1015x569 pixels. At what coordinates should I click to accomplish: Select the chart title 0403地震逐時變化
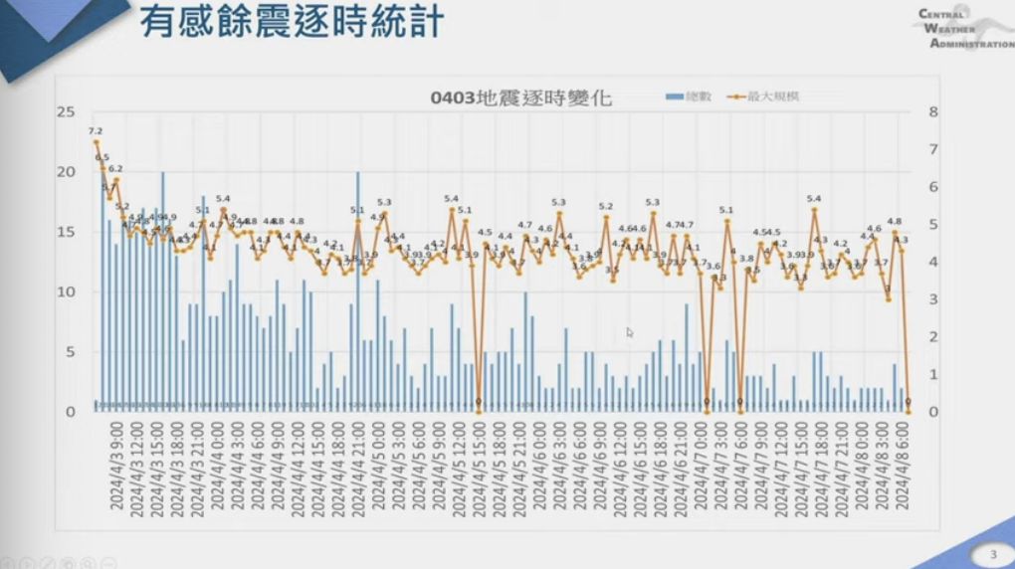point(521,97)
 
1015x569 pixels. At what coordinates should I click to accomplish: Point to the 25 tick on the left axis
point(67,112)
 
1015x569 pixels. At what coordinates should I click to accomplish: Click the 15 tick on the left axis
point(67,232)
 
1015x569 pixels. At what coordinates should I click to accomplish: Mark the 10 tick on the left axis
point(67,292)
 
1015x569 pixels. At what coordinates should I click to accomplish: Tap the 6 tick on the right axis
point(933,187)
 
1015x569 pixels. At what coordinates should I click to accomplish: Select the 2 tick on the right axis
point(933,337)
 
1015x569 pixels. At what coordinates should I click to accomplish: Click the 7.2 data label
point(96,131)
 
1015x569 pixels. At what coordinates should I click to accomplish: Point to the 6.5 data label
point(102,157)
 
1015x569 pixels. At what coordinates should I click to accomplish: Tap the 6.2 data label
point(115,169)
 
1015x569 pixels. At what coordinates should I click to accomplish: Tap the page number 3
point(991,554)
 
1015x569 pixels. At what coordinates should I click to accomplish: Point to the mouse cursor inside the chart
point(629,332)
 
